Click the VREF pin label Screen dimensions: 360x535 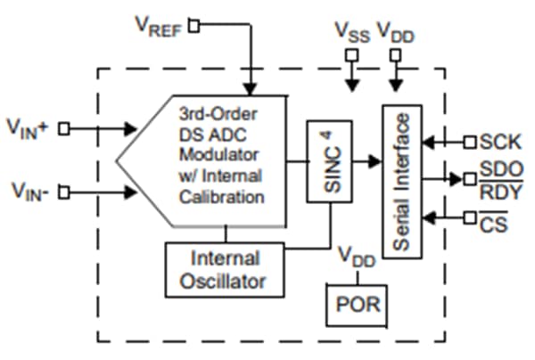pyautogui.click(x=158, y=26)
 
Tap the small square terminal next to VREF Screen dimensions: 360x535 pyautogui.click(x=193, y=26)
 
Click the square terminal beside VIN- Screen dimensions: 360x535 pyautogui.click(x=63, y=190)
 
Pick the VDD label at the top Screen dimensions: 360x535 pyautogui.click(x=396, y=31)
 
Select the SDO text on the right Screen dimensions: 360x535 pyautogui.click(x=498, y=169)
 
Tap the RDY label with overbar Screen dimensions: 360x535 pyautogui.click(x=498, y=189)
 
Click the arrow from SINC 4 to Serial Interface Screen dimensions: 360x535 pyautogui.click(x=366, y=163)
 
